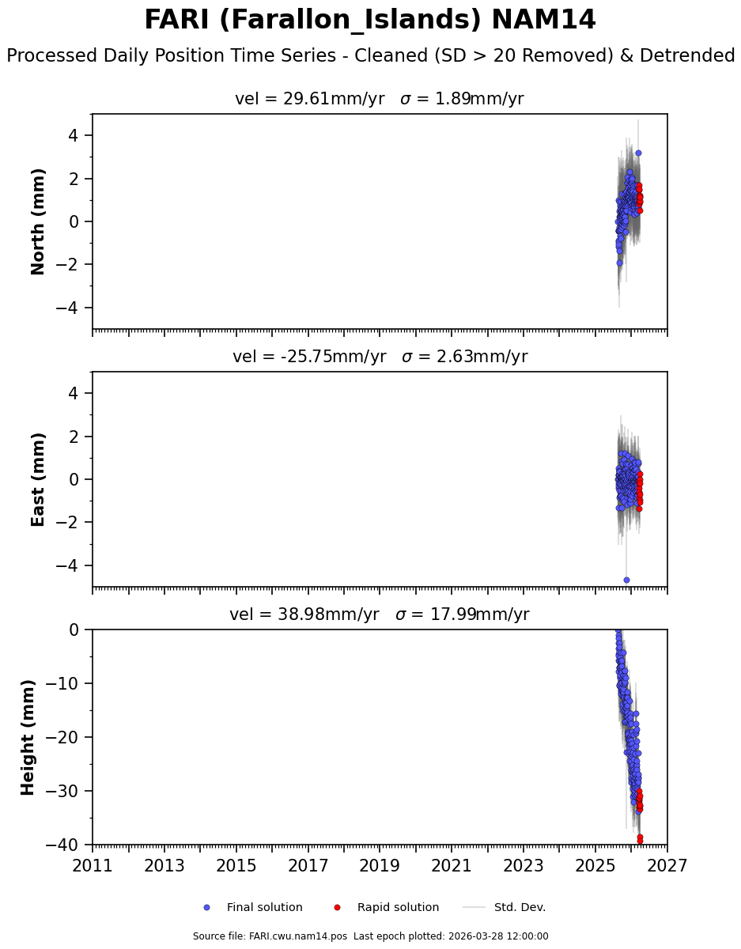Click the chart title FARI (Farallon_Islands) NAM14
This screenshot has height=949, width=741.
(370, 20)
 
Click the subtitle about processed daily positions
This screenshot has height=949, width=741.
(370, 56)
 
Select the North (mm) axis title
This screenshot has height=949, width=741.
(38, 221)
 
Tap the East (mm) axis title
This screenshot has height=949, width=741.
(38, 479)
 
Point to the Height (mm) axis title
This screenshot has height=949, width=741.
(28, 737)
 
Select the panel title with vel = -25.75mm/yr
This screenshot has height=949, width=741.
(380, 357)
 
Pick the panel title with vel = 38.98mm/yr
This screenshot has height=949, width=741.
(379, 614)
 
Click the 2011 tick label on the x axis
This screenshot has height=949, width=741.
(93, 866)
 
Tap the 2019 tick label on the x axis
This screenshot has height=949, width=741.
(380, 866)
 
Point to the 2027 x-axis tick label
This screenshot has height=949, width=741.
(667, 866)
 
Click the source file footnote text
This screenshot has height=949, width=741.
(370, 936)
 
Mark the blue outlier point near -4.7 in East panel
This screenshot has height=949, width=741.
(626, 580)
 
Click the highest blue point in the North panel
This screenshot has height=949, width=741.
(638, 153)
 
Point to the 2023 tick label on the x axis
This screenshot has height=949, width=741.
(524, 866)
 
